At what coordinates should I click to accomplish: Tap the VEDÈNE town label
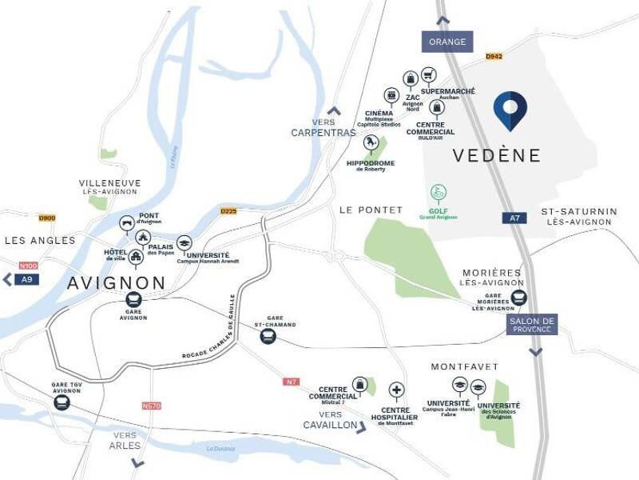pyautogui.click(x=496, y=155)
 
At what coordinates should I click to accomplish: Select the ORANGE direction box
pyautogui.click(x=447, y=42)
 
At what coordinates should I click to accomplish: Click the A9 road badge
pyautogui.click(x=28, y=279)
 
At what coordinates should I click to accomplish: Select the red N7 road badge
pyautogui.click(x=291, y=382)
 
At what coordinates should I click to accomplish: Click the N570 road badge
pyautogui.click(x=151, y=406)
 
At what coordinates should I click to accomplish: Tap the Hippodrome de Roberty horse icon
pyautogui.click(x=371, y=142)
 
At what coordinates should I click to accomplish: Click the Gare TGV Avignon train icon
pyautogui.click(x=62, y=403)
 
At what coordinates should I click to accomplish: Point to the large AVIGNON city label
pyautogui.click(x=117, y=282)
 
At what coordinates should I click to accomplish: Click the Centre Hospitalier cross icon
pyautogui.click(x=395, y=390)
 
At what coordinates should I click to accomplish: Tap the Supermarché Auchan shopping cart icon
pyautogui.click(x=429, y=74)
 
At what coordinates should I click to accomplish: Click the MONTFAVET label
pyautogui.click(x=464, y=366)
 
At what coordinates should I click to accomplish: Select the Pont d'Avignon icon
pyautogui.click(x=126, y=223)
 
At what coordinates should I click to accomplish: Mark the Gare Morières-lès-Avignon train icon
pyautogui.click(x=519, y=298)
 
